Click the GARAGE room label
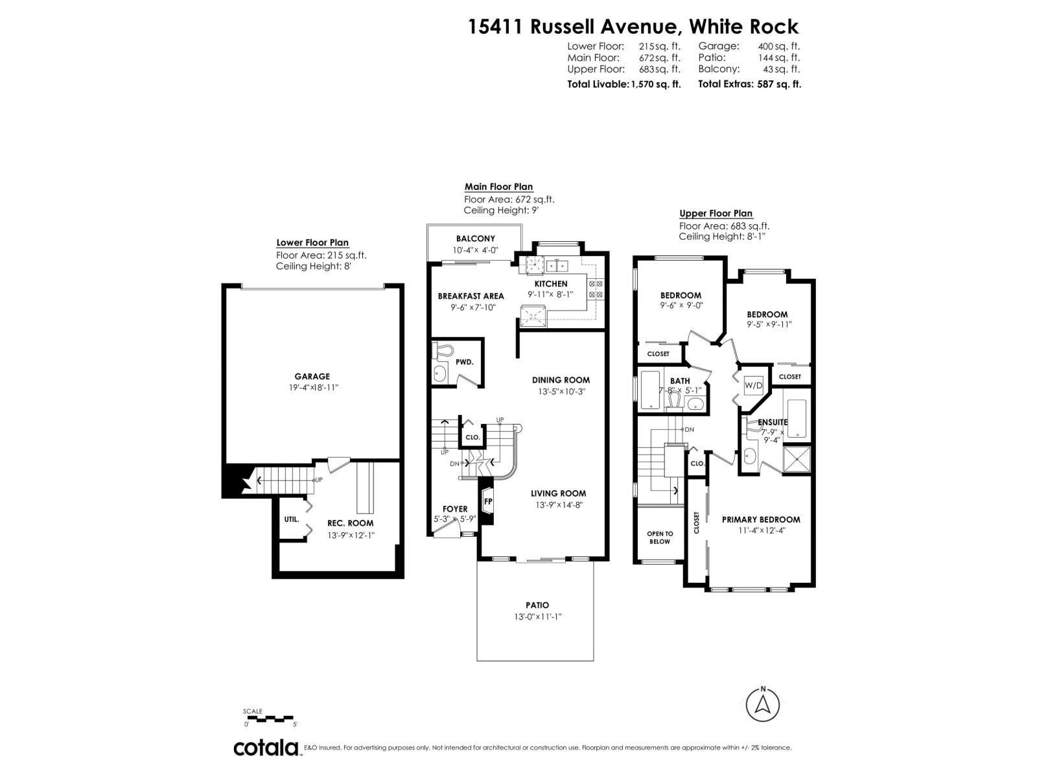coord(312,376)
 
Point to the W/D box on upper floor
coord(754,385)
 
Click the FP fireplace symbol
coord(488,501)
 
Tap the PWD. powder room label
coord(464,362)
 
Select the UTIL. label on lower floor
coord(291,519)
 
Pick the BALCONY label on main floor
coord(475,239)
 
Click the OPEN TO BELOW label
coord(660,537)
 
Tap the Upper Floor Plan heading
coord(716,213)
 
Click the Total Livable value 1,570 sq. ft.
coord(655,84)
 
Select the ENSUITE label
coord(773,422)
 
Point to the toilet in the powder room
coord(444,351)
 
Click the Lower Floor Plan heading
coord(312,242)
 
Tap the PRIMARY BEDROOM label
coord(761,519)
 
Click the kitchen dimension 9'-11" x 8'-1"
coord(550,294)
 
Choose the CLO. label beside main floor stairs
coord(472,437)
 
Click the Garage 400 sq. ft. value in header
coord(778,46)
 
